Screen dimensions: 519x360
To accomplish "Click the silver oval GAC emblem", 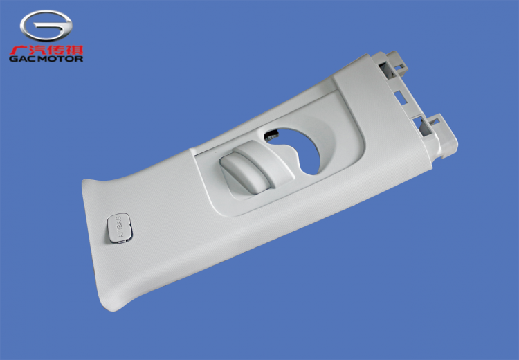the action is tap(46, 26).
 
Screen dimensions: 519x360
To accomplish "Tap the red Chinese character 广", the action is tap(18, 51).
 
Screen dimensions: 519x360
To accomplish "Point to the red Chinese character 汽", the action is tap(37, 51).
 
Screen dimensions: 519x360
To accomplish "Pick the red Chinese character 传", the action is tap(55, 51).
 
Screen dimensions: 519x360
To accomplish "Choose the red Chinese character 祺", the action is tap(74, 51).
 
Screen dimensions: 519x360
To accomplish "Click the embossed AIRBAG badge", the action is tap(120, 228).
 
